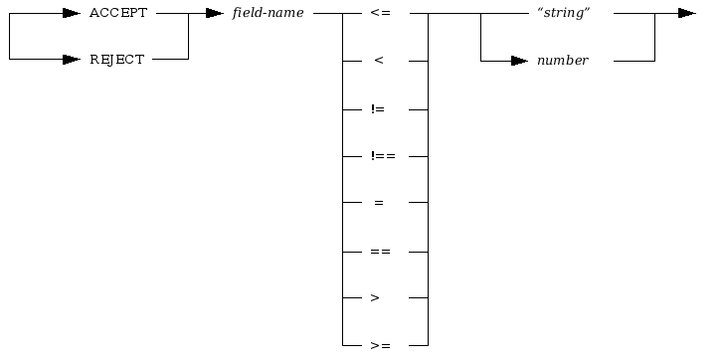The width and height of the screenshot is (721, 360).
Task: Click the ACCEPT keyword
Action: pos(118,13)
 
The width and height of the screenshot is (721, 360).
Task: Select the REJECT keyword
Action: pos(117,60)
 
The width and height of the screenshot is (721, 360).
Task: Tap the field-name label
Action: pos(268,13)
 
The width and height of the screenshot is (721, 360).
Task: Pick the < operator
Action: pos(378,61)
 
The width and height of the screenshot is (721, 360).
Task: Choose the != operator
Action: pos(378,108)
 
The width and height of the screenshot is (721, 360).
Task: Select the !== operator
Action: pos(383,156)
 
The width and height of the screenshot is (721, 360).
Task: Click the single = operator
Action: pos(378,203)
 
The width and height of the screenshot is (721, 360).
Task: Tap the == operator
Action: pos(380,251)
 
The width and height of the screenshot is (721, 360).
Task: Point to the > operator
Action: pos(375,297)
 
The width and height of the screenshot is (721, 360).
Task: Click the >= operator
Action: pos(380,345)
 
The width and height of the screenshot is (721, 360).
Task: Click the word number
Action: pos(563,61)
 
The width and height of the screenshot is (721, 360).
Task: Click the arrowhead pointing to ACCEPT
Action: pos(71,13)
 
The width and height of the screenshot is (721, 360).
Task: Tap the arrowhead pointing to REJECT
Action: pos(71,60)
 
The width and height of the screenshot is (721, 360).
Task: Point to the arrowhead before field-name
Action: pos(214,13)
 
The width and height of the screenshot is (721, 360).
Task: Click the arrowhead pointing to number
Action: pos(519,61)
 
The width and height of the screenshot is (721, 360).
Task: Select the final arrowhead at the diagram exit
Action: pos(686,13)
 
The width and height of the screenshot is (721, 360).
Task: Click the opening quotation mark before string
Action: pos(539,11)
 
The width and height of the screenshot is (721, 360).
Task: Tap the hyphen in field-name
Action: pos(268,14)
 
